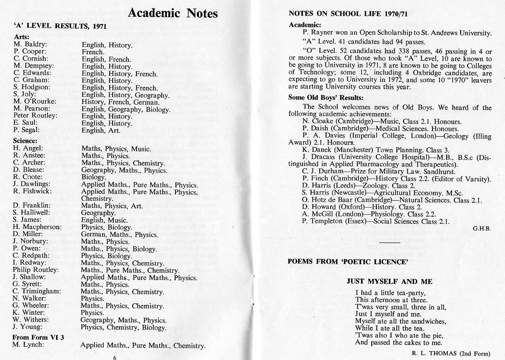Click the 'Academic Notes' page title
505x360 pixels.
point(172,13)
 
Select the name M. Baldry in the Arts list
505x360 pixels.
point(30,44)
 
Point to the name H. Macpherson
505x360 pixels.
point(37,227)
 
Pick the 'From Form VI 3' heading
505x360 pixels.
point(38,337)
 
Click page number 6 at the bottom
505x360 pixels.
point(114,358)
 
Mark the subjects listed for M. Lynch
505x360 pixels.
point(143,346)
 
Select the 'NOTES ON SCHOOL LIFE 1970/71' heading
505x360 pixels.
point(348,13)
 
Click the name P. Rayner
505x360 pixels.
point(319,33)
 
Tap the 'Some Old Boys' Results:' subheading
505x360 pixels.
point(326,98)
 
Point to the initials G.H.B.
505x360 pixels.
point(482,228)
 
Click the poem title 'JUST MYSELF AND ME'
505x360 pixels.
point(389,281)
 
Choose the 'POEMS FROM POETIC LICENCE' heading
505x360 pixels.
point(348,262)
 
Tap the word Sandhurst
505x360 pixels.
point(421,171)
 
